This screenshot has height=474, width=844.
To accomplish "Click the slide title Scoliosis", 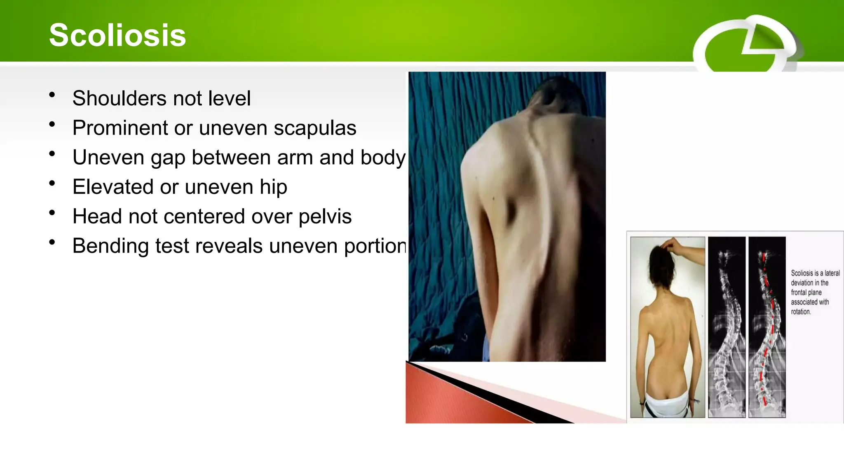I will [117, 35].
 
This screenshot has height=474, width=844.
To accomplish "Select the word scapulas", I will [315, 128].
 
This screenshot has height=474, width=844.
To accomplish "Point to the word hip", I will [273, 187].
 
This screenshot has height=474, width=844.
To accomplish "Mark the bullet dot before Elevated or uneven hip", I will [52, 184].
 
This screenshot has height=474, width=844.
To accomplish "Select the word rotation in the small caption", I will [801, 312].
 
